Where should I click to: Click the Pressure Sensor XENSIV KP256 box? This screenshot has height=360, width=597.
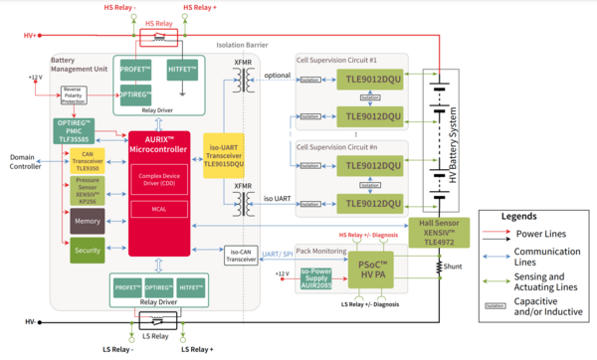point(87,192)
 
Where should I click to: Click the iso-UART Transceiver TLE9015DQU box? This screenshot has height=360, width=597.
point(223,159)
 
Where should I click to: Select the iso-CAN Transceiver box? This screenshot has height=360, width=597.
point(243,256)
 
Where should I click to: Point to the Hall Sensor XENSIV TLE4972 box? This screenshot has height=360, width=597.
point(438,231)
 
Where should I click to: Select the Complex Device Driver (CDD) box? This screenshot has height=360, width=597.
point(158,182)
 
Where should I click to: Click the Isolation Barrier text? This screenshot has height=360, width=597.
point(243,46)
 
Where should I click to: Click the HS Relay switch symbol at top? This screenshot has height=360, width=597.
point(159,36)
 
